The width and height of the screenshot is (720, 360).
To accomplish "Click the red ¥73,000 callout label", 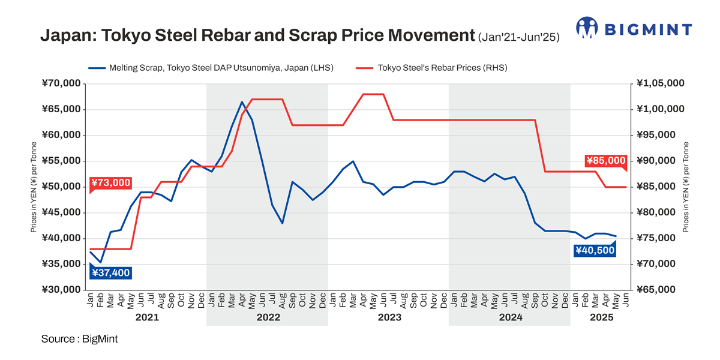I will pyautogui.click(x=110, y=182).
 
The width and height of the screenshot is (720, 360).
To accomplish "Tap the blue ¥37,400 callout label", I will pyautogui.click(x=110, y=273).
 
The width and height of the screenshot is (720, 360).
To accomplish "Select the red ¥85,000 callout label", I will pyautogui.click(x=606, y=161).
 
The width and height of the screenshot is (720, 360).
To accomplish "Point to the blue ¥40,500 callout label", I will pyautogui.click(x=595, y=250).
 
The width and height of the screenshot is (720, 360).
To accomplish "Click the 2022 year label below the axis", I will pyautogui.click(x=268, y=317).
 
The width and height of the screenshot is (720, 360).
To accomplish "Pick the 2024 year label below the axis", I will pyautogui.click(x=511, y=317).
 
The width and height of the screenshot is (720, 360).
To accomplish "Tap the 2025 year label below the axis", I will pyautogui.click(x=601, y=317).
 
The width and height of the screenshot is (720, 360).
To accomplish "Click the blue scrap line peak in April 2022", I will pyautogui.click(x=242, y=101).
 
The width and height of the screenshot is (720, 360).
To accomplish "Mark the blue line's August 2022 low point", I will pyautogui.click(x=282, y=223).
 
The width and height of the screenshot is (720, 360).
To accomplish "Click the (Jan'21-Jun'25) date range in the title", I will pyautogui.click(x=518, y=37).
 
